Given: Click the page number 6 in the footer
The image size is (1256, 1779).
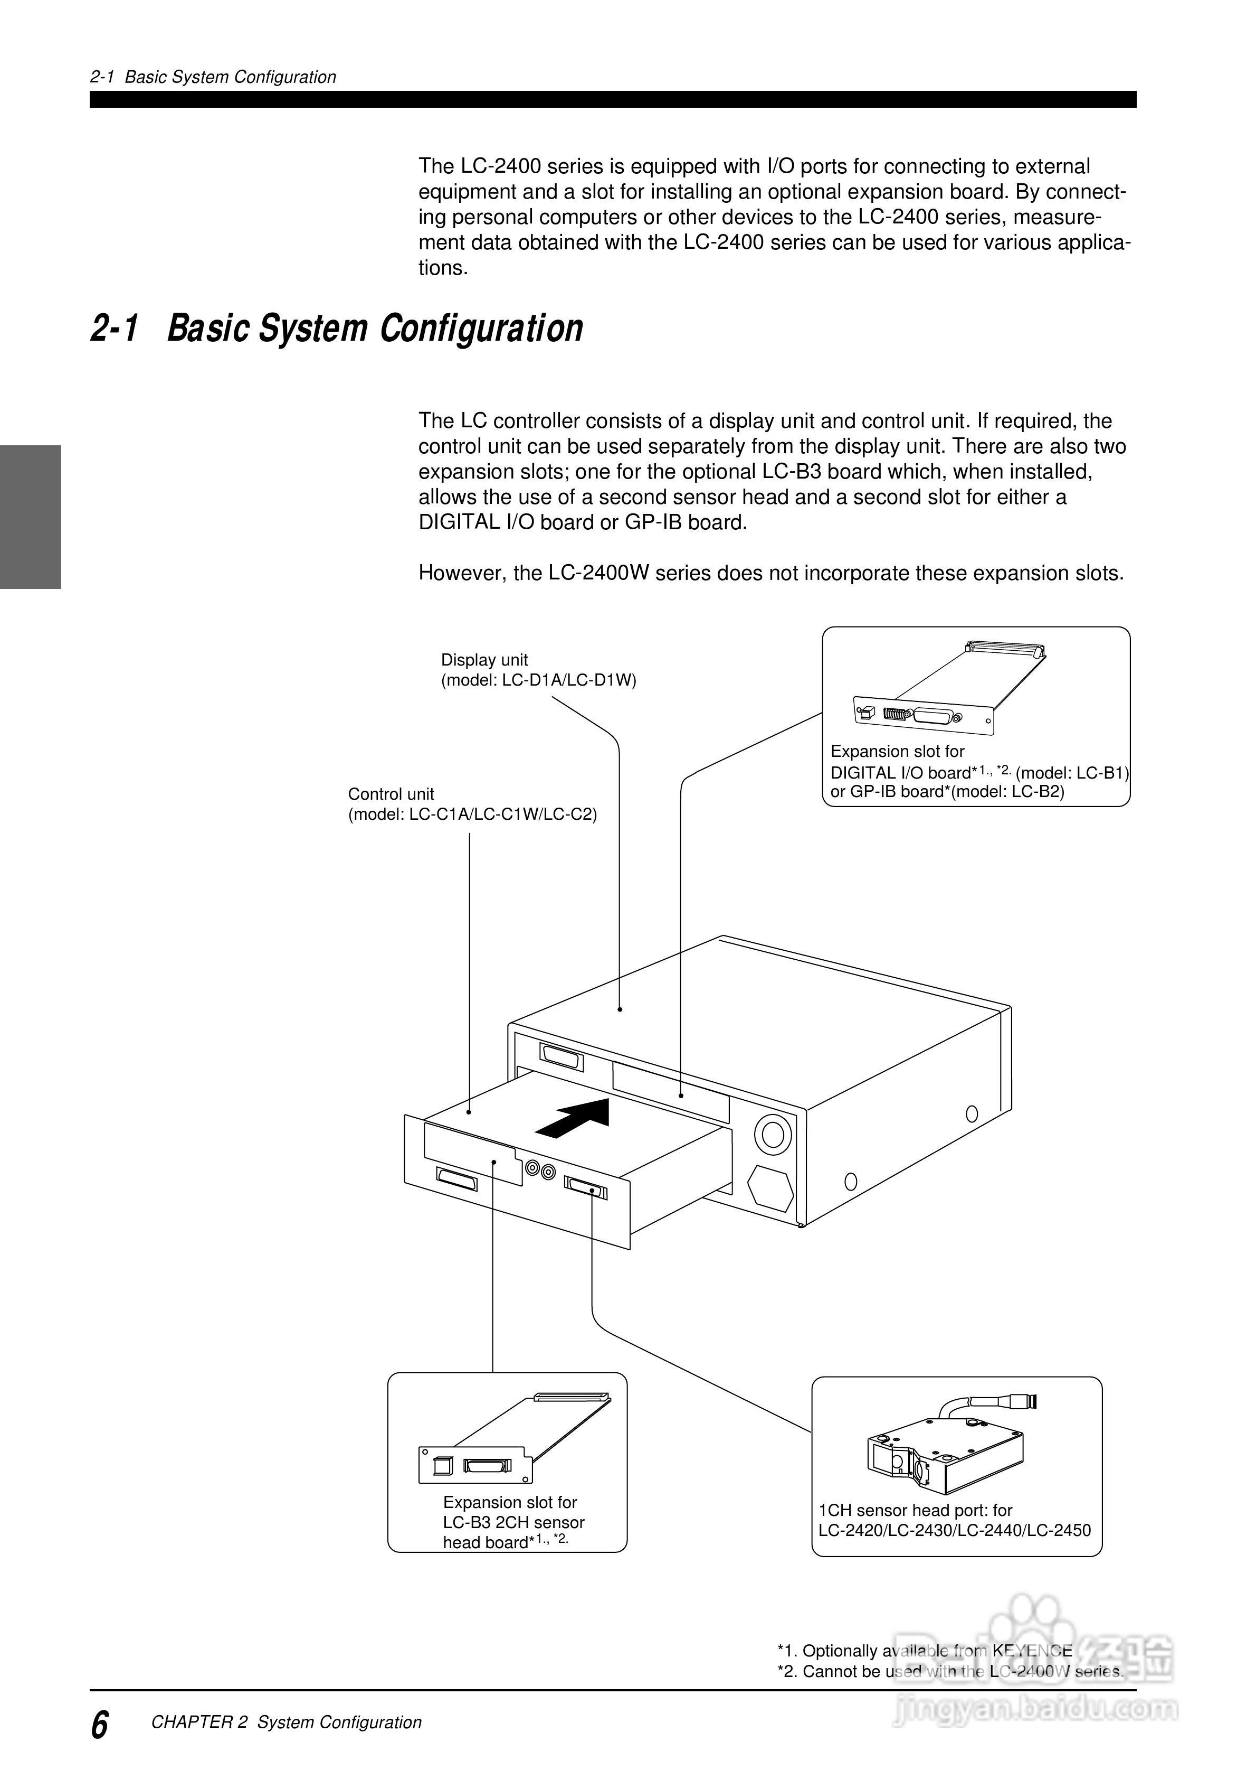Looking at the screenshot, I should point(100,1724).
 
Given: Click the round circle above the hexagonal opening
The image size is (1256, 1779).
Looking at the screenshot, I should point(772,1135).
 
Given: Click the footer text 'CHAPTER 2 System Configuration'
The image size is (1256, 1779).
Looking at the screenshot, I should point(287,1722).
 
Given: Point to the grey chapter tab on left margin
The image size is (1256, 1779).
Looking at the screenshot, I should point(30,517).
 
